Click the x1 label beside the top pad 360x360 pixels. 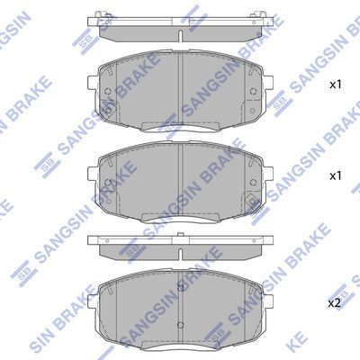(336, 85)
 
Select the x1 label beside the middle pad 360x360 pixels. (336, 176)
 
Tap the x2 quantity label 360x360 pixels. (335, 304)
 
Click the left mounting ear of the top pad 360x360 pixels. (93, 83)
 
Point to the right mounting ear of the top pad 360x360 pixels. (268, 83)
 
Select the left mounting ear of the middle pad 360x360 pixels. (93, 175)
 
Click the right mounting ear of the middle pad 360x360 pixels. (268, 175)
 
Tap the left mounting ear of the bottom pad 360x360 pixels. (93, 301)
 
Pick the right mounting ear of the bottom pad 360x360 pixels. (268, 301)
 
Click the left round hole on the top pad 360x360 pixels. (108, 91)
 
